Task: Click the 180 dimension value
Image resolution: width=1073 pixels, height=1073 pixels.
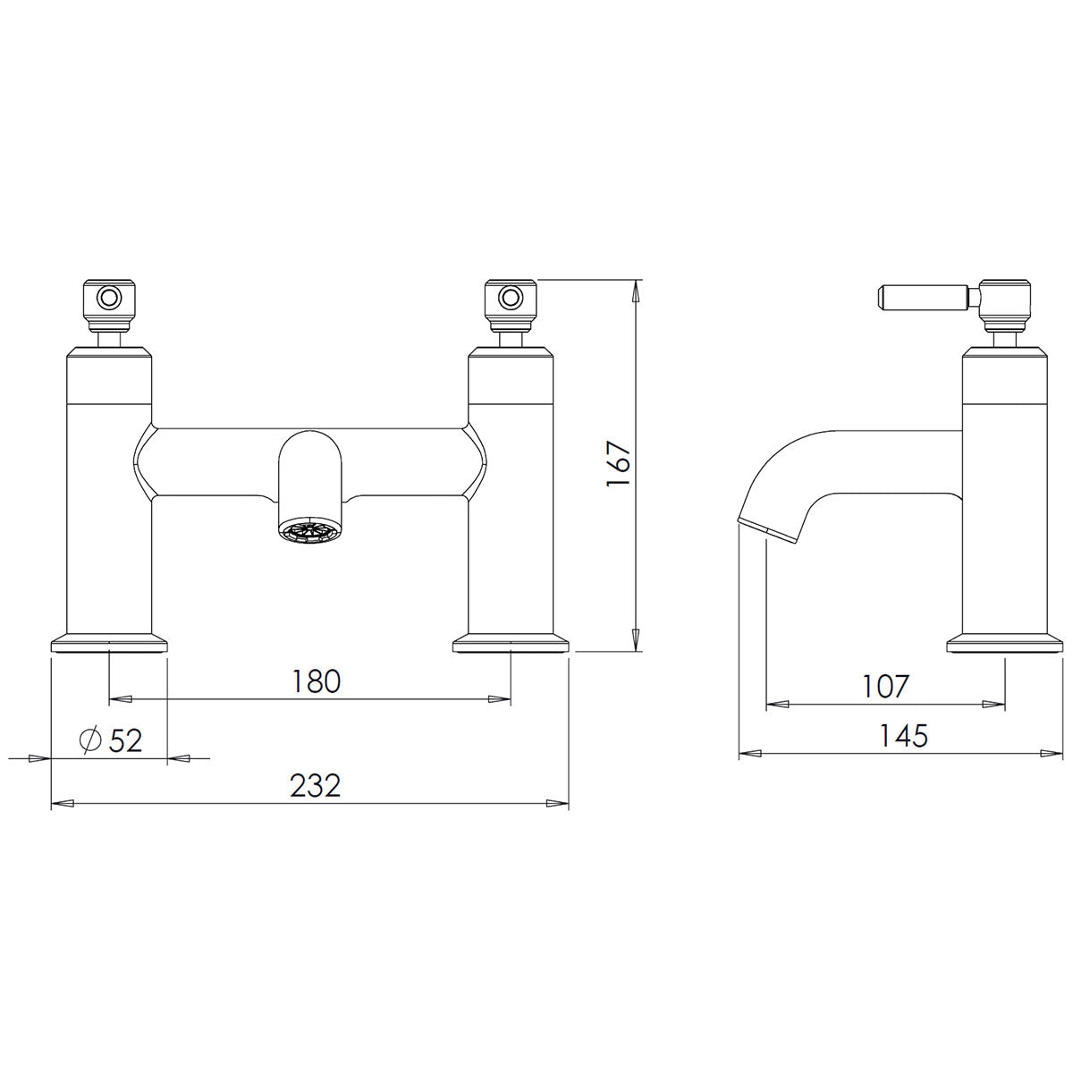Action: tap(317, 681)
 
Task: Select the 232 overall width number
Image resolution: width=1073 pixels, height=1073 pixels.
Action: tap(316, 786)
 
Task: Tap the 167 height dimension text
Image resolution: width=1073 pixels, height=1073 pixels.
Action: tap(620, 464)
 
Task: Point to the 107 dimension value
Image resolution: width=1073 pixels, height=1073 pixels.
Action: tap(885, 687)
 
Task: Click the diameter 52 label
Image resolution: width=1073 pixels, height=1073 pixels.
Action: tap(111, 740)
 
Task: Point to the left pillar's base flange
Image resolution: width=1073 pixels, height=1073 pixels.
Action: tap(109, 644)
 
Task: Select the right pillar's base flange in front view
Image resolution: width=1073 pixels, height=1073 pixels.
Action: tap(511, 644)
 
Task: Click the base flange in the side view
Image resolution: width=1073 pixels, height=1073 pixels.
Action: tap(1005, 644)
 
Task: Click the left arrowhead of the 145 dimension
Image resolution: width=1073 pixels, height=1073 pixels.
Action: tap(749, 754)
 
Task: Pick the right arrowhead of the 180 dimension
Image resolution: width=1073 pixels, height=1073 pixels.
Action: tap(500, 699)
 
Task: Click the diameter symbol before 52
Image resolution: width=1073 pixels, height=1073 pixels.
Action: tap(89, 741)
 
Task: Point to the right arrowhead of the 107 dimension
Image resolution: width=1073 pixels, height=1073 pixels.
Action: tap(994, 705)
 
